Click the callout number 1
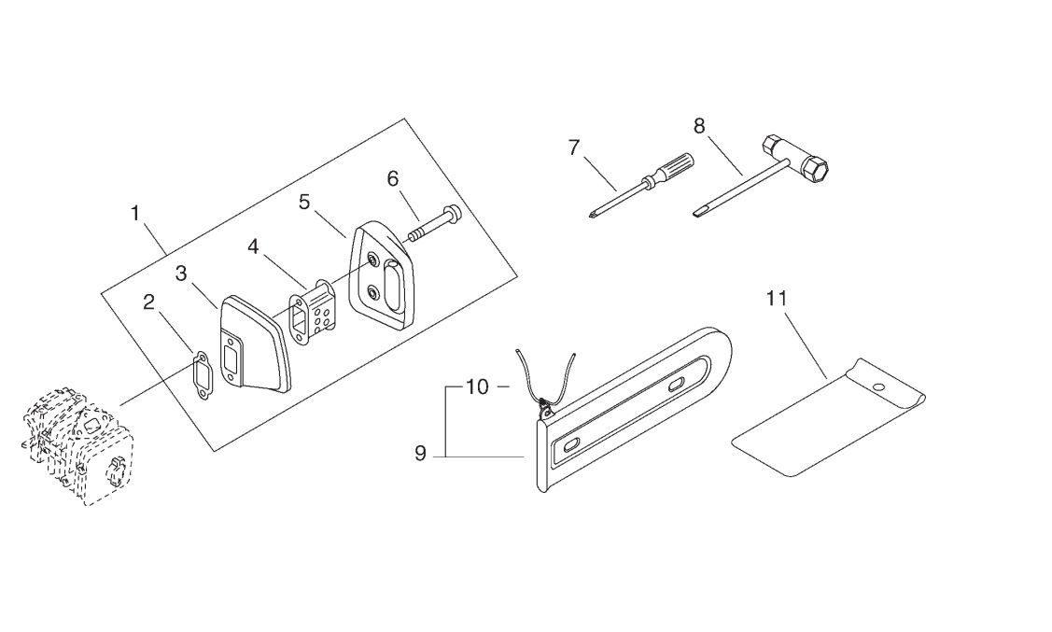tap(135, 214)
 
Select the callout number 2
tap(149, 302)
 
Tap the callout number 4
tap(253, 246)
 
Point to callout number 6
tap(393, 178)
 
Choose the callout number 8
tap(699, 125)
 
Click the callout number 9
tap(421, 454)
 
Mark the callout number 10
tap(478, 386)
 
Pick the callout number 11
tap(777, 298)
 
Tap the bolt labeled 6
tap(435, 222)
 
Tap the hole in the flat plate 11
tap(877, 386)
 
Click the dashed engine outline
tap(77, 444)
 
